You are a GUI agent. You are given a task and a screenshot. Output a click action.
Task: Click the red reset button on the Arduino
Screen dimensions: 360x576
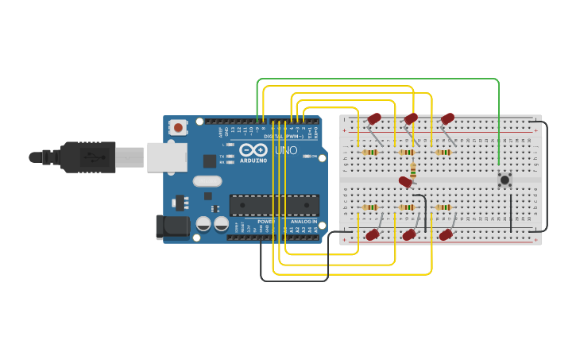click(179, 127)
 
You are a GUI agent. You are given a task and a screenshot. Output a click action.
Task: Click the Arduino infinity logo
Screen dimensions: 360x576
click(253, 149)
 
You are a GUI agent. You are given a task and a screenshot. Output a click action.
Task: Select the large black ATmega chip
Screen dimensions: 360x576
click(274, 205)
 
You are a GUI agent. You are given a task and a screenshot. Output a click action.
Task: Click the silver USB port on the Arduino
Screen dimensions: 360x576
click(164, 157)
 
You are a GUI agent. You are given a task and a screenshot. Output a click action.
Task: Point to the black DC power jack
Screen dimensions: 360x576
click(172, 227)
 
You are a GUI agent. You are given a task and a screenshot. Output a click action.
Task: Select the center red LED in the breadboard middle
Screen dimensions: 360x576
click(406, 182)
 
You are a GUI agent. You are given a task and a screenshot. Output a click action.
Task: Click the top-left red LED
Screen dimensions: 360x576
click(374, 118)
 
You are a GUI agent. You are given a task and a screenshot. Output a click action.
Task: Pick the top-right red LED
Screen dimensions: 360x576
click(448, 118)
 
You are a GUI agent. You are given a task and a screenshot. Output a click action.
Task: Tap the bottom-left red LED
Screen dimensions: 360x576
click(372, 234)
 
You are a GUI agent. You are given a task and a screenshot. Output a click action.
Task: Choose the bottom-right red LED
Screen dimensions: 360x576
click(446, 234)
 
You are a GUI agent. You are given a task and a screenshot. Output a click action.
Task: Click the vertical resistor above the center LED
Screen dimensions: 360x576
click(413, 169)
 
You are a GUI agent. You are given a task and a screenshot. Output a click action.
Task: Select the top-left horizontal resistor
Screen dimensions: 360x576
click(370, 152)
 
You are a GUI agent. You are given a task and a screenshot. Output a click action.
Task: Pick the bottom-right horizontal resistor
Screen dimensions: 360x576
click(443, 207)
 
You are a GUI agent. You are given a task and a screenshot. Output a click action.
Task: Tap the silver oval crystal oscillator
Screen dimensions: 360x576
click(207, 180)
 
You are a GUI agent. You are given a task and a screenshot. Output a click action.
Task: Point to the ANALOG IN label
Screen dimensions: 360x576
click(302, 222)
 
